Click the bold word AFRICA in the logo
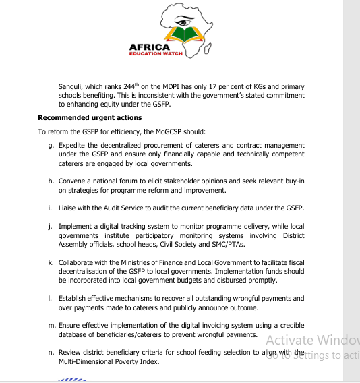point(154,47)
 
